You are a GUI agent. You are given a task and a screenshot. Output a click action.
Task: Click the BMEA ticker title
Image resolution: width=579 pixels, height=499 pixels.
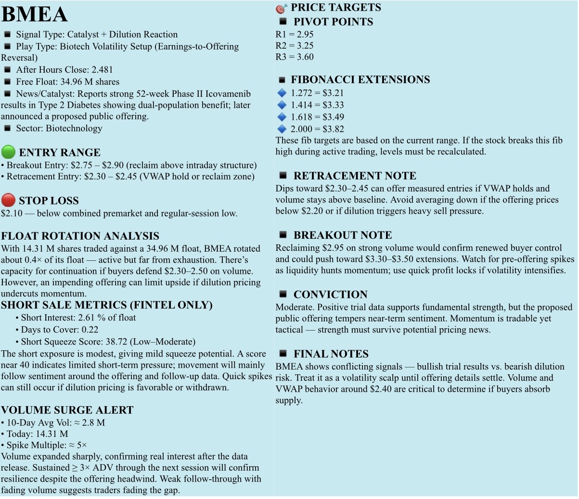[34, 14]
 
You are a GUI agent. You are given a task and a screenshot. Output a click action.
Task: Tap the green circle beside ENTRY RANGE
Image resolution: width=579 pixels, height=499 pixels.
[8, 152]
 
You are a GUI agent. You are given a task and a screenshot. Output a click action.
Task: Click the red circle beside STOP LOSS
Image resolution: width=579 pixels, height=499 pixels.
[8, 200]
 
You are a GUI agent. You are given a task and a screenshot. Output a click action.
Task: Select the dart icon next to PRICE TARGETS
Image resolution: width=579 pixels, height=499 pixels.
[281, 8]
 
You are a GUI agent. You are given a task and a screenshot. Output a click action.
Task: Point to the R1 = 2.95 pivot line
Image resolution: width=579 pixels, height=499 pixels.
[294, 35]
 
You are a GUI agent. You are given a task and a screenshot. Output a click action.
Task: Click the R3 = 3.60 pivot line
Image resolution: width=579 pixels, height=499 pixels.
[294, 57]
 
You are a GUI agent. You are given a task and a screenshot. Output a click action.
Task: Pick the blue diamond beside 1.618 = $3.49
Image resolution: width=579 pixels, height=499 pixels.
[282, 117]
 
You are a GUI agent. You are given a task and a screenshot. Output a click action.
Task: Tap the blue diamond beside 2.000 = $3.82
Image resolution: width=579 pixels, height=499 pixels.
[282, 129]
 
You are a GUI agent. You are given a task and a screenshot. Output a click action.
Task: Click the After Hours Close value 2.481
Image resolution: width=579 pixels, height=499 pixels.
[102, 70]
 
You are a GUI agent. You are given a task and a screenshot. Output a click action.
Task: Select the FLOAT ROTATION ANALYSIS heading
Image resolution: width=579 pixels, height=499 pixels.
[80, 236]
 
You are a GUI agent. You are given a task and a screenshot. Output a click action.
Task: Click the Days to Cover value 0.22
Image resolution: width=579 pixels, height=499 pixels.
[90, 330]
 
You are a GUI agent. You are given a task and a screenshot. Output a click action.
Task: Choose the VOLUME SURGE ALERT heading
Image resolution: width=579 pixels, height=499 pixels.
[67, 410]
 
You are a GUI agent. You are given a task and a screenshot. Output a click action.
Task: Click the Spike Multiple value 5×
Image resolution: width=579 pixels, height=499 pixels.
[82, 445]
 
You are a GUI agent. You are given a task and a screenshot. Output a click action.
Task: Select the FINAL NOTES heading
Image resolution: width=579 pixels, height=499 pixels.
[331, 354]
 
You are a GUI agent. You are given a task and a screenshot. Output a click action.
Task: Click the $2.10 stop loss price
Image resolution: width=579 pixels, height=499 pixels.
[12, 213]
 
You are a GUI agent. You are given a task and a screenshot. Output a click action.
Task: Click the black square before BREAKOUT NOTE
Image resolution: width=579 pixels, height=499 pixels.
[283, 235]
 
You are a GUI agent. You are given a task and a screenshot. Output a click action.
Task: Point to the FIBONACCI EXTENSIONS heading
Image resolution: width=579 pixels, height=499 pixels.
[360, 79]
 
